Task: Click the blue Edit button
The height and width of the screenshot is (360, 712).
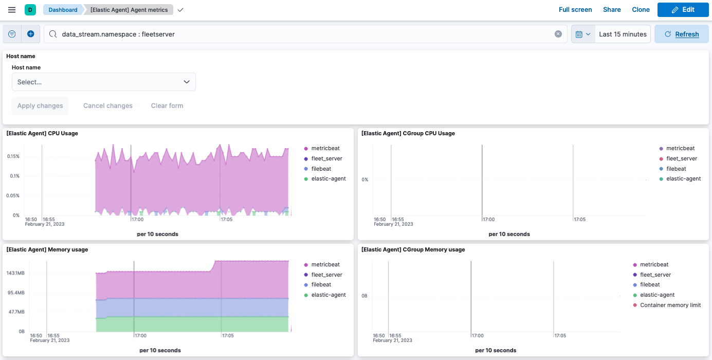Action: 683,10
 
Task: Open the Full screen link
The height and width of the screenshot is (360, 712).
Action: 575,10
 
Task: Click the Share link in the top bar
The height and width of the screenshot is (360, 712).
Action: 612,10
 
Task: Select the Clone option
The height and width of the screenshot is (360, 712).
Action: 641,10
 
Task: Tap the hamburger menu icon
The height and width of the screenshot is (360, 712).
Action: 12,10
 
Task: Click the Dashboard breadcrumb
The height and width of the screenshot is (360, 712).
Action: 63,10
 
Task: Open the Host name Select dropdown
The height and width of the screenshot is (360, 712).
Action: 103,82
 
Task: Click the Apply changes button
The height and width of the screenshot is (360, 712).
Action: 40,106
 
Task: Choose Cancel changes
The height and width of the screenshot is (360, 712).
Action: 108,106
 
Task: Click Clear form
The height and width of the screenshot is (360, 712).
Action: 167,106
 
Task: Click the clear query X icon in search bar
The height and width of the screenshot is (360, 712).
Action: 558,34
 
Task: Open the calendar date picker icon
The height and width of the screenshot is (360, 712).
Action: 582,34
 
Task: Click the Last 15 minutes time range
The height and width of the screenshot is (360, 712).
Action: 623,34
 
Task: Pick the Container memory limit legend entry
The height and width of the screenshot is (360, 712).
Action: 670,305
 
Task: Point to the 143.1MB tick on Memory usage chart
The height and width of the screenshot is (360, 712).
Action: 15,273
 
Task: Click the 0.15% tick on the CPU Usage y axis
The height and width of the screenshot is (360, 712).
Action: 13,156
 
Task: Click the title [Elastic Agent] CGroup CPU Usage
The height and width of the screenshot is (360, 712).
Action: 408,133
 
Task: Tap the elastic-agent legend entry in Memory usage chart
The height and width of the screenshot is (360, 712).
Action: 328,295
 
